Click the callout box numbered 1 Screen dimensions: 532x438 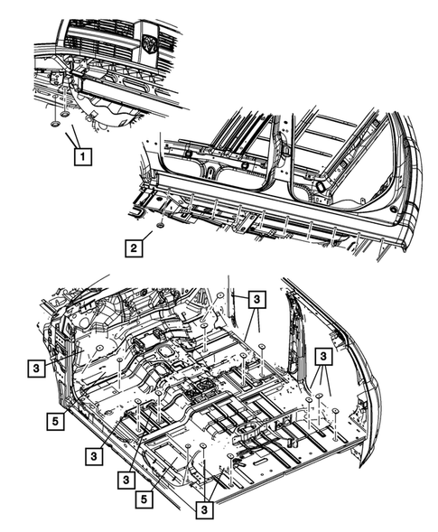click(x=82, y=157)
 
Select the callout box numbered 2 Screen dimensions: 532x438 click(x=134, y=246)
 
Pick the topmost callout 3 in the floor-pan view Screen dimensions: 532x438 click(x=256, y=299)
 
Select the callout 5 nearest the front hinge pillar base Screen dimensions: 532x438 click(x=53, y=419)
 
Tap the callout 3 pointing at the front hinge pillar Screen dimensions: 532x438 click(x=33, y=368)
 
